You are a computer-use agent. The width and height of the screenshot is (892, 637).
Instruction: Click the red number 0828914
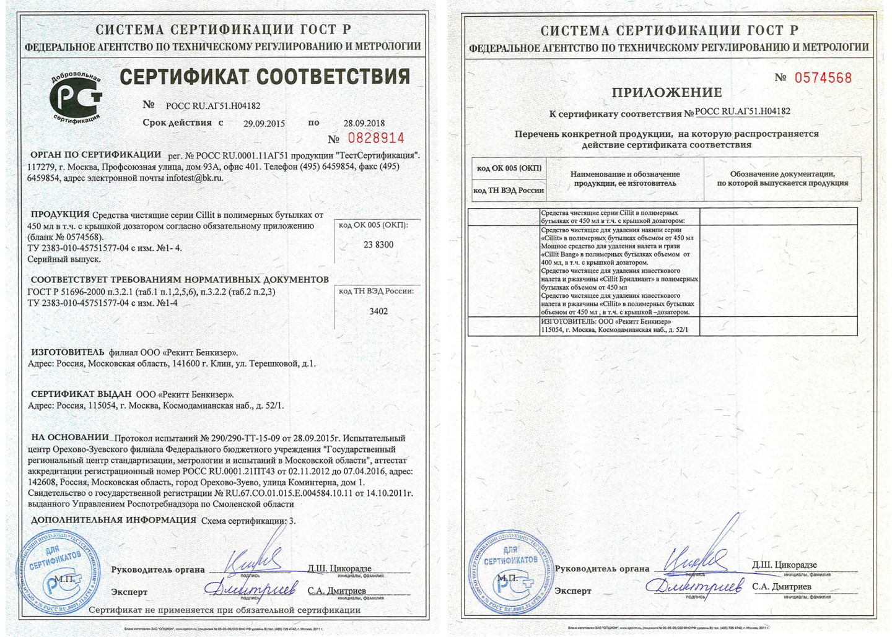(375, 138)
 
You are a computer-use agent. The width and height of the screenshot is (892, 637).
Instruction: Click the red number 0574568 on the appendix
(823, 78)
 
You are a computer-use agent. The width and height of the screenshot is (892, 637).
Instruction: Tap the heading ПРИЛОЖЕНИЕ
(667, 93)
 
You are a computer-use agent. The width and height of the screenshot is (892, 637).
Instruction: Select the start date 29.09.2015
(264, 123)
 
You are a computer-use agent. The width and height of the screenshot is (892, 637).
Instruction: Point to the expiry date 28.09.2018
(364, 123)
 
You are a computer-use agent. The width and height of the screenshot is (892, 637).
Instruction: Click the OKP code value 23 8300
(378, 245)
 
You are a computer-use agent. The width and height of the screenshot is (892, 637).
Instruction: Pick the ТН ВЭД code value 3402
(378, 311)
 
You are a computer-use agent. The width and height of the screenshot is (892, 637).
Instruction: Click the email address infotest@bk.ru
(195, 178)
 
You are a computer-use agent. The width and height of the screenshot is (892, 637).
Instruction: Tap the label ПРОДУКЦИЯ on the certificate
(60, 214)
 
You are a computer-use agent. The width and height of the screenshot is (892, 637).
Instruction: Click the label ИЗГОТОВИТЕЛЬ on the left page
(68, 352)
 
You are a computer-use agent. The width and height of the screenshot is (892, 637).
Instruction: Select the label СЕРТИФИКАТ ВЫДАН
(81, 394)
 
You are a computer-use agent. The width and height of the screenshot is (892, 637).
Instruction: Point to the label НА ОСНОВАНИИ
(69, 438)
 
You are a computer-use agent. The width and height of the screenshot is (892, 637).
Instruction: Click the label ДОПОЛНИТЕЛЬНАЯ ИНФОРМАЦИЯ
(113, 520)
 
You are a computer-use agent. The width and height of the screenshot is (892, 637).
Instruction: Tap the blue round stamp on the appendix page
(509, 572)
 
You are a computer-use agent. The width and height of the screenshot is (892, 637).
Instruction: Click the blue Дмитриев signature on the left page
(251, 588)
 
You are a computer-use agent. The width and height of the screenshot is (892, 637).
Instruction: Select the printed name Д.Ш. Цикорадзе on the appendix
(784, 565)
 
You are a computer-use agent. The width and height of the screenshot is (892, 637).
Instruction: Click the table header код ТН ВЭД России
(509, 190)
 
